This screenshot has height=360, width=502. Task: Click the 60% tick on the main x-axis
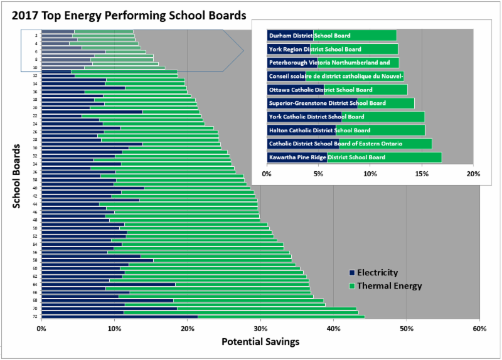(x=479, y=328)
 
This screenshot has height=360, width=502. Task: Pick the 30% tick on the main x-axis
(x=260, y=328)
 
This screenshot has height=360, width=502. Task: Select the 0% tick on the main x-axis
(x=41, y=328)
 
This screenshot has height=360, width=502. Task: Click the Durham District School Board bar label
(x=309, y=36)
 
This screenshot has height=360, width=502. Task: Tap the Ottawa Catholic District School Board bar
(x=337, y=90)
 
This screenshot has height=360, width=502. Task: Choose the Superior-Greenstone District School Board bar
(x=340, y=103)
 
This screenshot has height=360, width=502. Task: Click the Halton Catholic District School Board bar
(x=346, y=130)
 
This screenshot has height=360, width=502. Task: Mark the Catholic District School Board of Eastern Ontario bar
(x=349, y=144)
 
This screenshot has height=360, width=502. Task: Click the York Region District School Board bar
(x=332, y=49)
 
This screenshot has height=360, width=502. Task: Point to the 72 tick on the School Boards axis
(x=36, y=316)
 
